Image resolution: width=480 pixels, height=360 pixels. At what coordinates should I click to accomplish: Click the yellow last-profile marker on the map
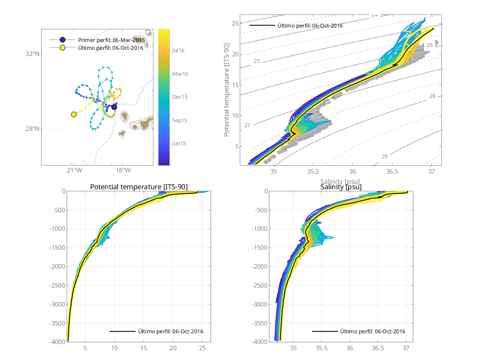click(74, 114)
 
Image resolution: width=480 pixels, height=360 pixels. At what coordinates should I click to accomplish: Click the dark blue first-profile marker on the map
click(114, 107)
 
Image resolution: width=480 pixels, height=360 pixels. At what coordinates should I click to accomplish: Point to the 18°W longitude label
click(123, 170)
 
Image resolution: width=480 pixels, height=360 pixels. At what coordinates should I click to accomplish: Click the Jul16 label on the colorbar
click(178, 50)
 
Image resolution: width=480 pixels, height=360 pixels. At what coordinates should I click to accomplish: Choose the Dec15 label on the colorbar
click(180, 97)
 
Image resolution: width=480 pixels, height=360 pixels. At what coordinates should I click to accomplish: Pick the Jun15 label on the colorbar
click(179, 143)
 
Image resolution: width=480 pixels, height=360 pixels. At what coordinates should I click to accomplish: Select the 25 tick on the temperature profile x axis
click(202, 348)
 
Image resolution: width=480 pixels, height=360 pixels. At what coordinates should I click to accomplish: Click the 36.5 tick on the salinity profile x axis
click(378, 348)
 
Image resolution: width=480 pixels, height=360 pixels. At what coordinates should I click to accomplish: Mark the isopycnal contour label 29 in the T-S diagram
click(385, 156)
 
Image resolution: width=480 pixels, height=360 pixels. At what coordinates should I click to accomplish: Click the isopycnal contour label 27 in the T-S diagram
click(247, 125)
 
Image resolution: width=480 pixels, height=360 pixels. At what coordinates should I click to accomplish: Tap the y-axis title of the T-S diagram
click(227, 91)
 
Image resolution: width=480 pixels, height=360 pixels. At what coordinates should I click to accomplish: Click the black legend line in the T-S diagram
click(262, 26)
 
